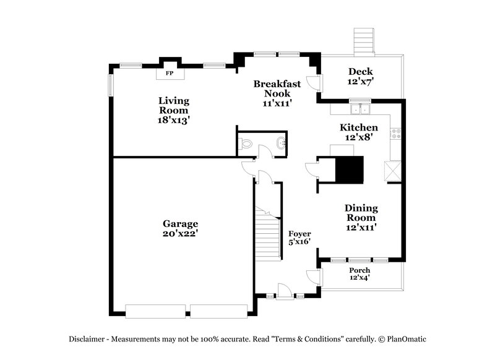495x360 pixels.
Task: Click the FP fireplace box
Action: [169, 74]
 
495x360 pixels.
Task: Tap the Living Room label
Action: [173, 105]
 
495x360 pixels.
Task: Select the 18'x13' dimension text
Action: [173, 121]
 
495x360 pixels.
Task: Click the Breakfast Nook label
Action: [277, 88]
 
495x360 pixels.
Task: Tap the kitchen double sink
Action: [359, 109]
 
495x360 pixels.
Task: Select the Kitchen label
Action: [359, 127]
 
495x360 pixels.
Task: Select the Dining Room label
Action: [361, 213]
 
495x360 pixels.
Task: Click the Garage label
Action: [180, 223]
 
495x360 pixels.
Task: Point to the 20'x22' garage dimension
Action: [180, 234]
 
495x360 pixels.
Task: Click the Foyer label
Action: [300, 233]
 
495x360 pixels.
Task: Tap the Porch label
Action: [359, 270]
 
